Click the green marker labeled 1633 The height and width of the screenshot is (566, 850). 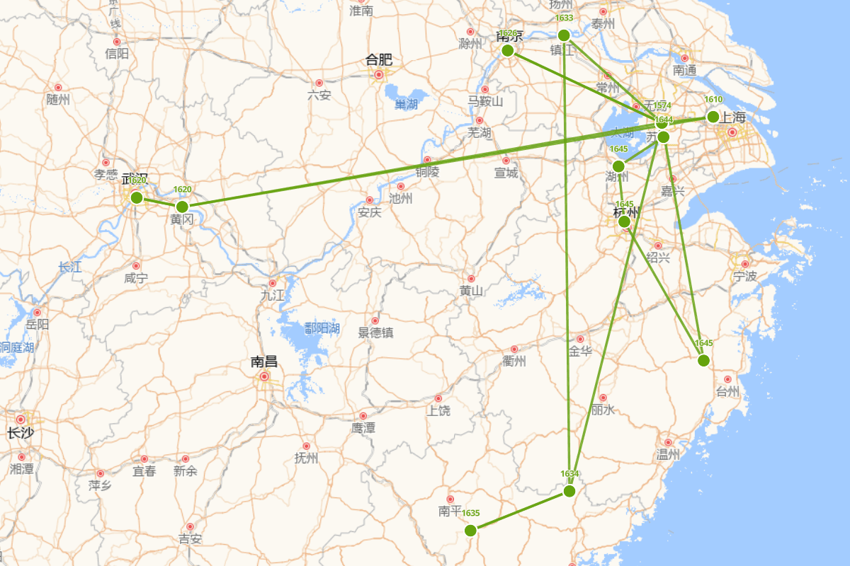(x=564, y=35)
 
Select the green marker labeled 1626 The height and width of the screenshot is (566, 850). (x=507, y=50)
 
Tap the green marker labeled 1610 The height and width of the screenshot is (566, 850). (x=713, y=117)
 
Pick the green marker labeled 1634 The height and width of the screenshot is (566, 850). (x=569, y=491)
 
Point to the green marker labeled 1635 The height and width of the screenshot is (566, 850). (x=470, y=531)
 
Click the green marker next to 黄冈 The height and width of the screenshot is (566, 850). (x=182, y=207)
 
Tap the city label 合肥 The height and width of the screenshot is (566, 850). (x=379, y=61)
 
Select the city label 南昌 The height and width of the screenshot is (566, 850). (x=263, y=362)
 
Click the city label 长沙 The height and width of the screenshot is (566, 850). (x=20, y=433)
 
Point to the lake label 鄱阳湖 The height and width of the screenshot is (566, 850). (x=322, y=328)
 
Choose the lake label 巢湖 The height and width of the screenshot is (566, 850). (x=406, y=105)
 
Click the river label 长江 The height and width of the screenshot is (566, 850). (x=70, y=267)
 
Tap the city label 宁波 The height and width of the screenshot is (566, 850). (x=745, y=276)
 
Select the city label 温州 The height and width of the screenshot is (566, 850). (x=667, y=454)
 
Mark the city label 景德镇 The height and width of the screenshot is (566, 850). (x=375, y=333)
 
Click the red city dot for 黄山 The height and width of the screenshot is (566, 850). (x=471, y=279)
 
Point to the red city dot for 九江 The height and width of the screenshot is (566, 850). (x=272, y=283)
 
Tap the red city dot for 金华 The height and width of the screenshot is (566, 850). (x=580, y=339)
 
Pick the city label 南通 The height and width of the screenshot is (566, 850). (x=684, y=70)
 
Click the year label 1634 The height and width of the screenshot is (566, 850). (x=569, y=473)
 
